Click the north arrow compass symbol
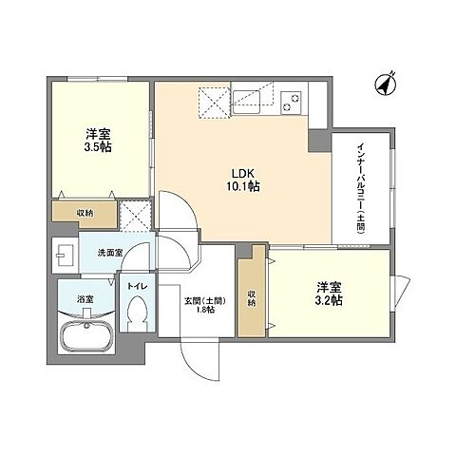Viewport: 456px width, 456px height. pyautogui.click(x=386, y=84)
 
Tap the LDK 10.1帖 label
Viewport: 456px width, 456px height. pyautogui.click(x=243, y=180)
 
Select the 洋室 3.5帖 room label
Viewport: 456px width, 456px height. pyautogui.click(x=98, y=141)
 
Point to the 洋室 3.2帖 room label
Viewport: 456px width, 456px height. pyautogui.click(x=329, y=294)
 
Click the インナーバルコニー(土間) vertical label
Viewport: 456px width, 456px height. pyautogui.click(x=361, y=188)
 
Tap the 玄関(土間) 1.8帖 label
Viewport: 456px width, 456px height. pyautogui.click(x=205, y=305)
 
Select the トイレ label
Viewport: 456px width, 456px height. pyautogui.click(x=138, y=286)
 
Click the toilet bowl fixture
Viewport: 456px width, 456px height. pyautogui.click(x=138, y=313)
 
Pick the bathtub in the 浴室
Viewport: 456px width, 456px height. pyautogui.click(x=87, y=337)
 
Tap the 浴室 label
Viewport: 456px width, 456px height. pyautogui.click(x=85, y=299)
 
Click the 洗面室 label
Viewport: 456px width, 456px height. pyautogui.click(x=110, y=253)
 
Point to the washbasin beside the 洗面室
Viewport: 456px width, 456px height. pyautogui.click(x=65, y=255)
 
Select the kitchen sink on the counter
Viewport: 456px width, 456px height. pyautogui.click(x=246, y=101)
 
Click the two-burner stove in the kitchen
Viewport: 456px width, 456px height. pyautogui.click(x=291, y=102)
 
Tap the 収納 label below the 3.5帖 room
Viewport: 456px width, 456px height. pyautogui.click(x=85, y=213)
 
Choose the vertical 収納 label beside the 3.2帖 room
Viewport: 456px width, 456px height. pyautogui.click(x=252, y=298)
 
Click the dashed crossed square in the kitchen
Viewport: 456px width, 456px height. pyautogui.click(x=214, y=103)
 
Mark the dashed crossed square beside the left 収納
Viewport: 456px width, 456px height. pyautogui.click(x=136, y=216)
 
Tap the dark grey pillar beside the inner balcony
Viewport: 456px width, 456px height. pyautogui.click(x=320, y=141)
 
